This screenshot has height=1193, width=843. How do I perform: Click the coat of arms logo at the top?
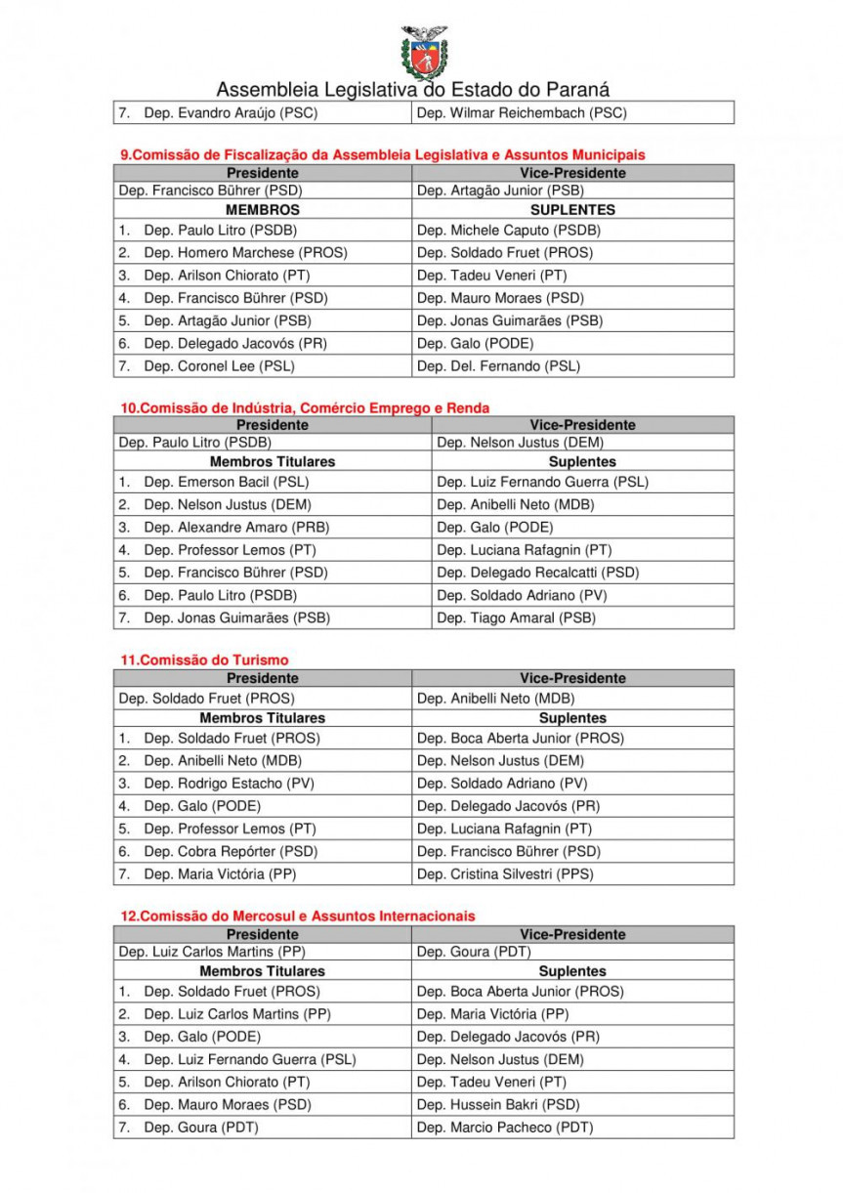(x=423, y=51)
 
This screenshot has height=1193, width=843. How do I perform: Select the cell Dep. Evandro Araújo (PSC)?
(x=231, y=113)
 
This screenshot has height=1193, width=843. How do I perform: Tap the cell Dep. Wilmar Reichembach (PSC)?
(x=522, y=113)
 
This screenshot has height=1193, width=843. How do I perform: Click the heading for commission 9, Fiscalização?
(x=382, y=155)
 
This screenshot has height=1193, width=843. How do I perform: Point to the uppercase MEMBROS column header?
(x=262, y=210)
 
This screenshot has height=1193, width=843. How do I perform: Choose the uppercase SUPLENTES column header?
(x=572, y=210)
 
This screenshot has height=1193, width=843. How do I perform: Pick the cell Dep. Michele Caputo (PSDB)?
(x=508, y=231)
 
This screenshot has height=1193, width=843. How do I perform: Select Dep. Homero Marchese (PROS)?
(x=245, y=253)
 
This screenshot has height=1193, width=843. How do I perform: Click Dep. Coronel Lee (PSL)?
(x=219, y=366)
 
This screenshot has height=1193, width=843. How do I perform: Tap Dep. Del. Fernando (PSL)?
(x=498, y=366)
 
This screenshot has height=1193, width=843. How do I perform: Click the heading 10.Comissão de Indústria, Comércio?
(x=305, y=407)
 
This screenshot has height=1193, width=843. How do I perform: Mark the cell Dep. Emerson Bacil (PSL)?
(x=226, y=482)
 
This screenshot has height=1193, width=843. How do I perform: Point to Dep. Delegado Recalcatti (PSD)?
(x=538, y=573)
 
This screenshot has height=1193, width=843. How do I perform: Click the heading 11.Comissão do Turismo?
(x=204, y=660)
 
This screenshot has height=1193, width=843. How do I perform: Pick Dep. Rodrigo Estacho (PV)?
(x=228, y=784)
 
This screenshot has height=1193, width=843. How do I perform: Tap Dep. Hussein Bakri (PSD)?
(x=498, y=1105)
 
